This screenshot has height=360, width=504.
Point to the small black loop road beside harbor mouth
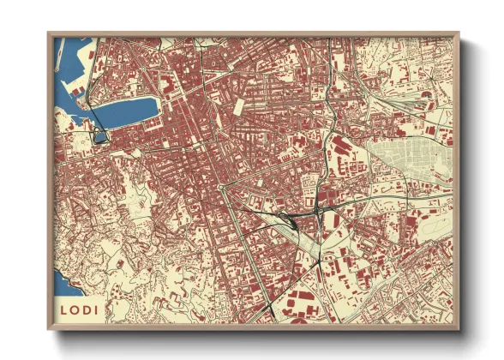(x=99, y=134)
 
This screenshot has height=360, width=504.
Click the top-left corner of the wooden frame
(x=49, y=34)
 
